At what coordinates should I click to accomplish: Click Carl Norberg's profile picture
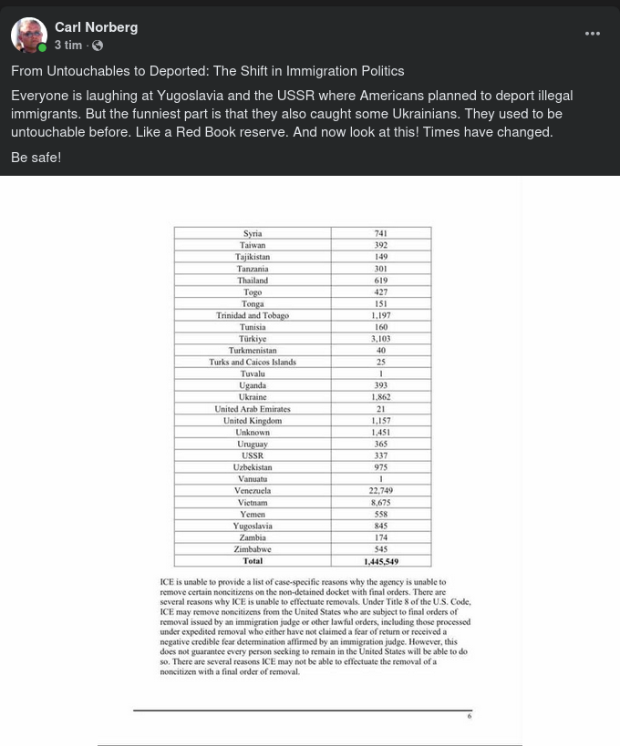[29, 36]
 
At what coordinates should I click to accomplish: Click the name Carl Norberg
[96, 27]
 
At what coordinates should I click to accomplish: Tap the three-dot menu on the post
[593, 34]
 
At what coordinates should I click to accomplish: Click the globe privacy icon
[98, 46]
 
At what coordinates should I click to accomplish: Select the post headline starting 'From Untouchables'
[207, 71]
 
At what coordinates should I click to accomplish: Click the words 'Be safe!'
[36, 158]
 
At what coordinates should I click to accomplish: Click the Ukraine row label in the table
[253, 397]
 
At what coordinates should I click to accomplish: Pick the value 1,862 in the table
[380, 397]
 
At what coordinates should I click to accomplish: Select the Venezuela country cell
[253, 491]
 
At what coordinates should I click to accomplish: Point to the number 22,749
[380, 491]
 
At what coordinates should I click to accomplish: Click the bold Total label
[253, 561]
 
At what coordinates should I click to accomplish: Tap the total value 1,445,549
[380, 561]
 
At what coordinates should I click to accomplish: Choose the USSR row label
[253, 455]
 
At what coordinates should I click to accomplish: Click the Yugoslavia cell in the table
[253, 526]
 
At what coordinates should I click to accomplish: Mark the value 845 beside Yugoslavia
[380, 526]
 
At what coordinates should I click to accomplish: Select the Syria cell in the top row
[253, 234]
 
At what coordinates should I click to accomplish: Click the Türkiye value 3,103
[380, 339]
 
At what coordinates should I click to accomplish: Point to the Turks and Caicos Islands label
[253, 363]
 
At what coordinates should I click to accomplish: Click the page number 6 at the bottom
[470, 716]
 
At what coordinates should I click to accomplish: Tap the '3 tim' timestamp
[68, 46]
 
